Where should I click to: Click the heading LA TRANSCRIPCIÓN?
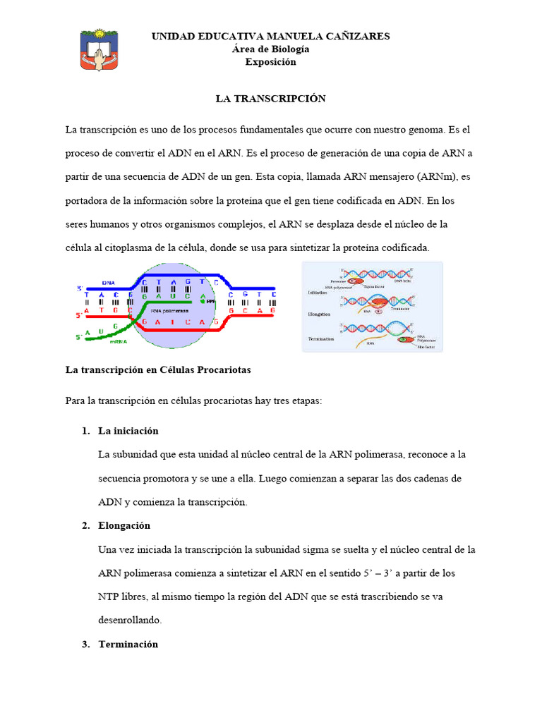coord(270,99)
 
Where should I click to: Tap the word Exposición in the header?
coord(270,62)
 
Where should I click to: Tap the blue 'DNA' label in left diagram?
coord(108,280)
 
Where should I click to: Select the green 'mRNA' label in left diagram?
coord(118,339)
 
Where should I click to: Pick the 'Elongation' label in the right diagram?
coord(319,313)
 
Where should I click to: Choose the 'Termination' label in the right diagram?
coord(320,338)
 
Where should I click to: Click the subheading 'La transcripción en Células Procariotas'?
coord(158,369)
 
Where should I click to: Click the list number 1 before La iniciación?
coord(85,431)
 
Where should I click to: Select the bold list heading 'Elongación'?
coord(124,526)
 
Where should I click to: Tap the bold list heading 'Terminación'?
coord(128,644)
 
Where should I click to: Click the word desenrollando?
coord(130,620)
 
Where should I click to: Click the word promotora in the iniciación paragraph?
coord(167,478)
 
